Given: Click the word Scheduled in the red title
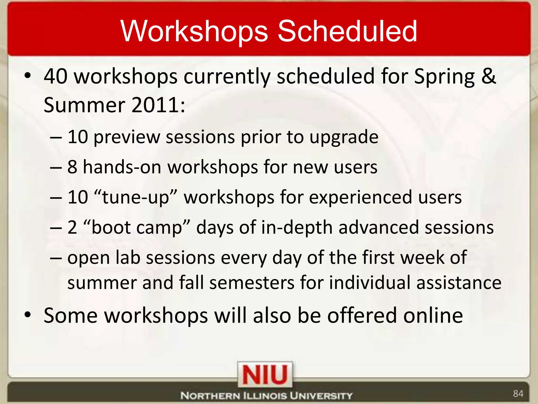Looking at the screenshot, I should coord(347,31).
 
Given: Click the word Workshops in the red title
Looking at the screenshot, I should coord(194,31).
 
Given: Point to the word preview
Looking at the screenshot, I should coord(127,137).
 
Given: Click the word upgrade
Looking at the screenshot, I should coord(344,137).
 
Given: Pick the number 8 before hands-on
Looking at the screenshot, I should coord(72,167).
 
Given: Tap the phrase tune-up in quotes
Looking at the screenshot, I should coord(135,197).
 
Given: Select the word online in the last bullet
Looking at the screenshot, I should coord(433,315).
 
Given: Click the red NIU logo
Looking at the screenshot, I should coord(265,375).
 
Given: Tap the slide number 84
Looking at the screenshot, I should coord(518,393).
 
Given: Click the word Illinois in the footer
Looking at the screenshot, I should coord(265,396).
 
